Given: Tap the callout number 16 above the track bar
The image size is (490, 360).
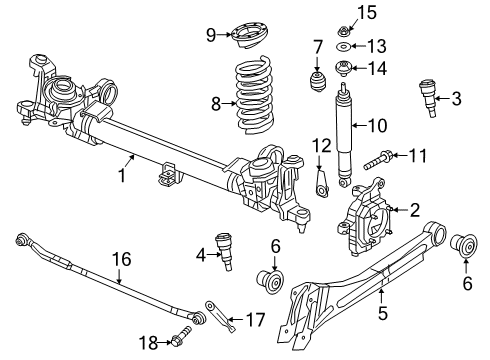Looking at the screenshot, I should (x=122, y=259).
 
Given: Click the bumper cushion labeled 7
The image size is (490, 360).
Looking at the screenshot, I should (x=318, y=79).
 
